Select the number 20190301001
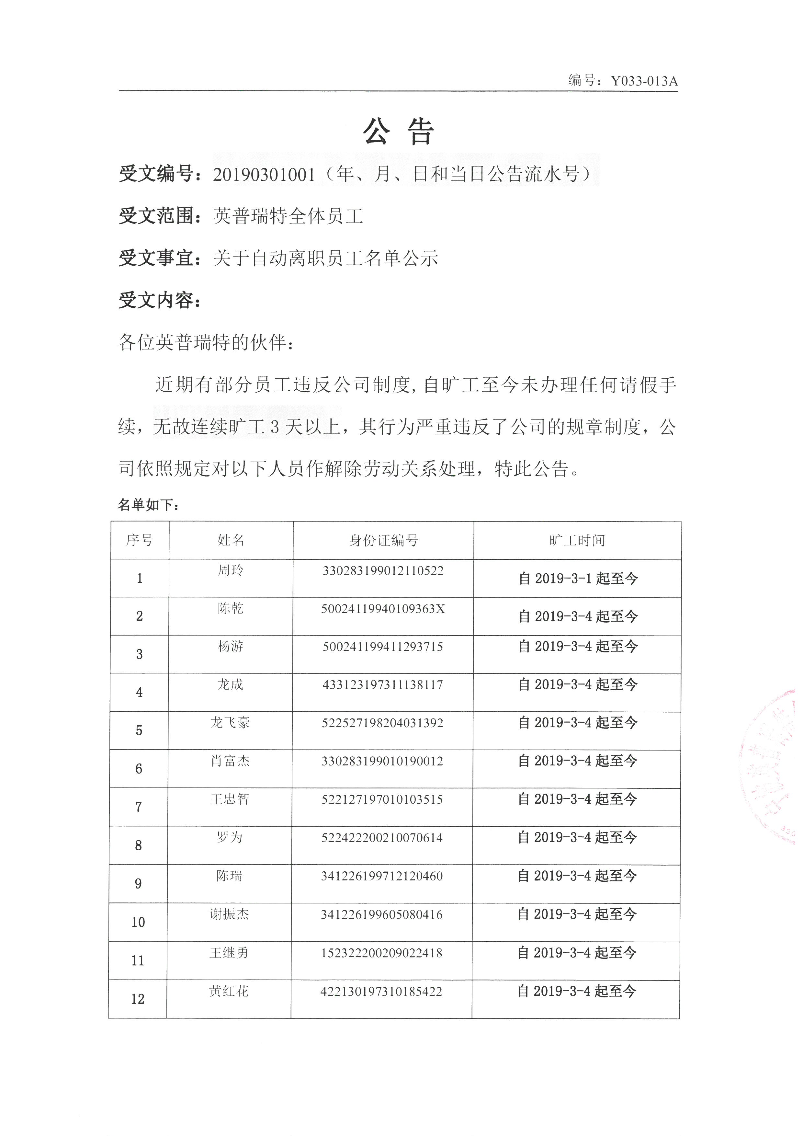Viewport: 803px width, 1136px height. point(264,175)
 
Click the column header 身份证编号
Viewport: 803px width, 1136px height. point(383,540)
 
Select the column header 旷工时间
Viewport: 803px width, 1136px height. point(577,540)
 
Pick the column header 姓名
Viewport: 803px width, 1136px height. point(231,540)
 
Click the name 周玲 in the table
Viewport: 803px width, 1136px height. point(231,570)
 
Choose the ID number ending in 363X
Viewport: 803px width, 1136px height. point(383,609)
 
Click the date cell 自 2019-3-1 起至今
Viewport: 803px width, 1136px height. point(578,579)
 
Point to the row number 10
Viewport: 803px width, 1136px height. point(138,922)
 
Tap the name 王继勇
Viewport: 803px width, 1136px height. point(229,953)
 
